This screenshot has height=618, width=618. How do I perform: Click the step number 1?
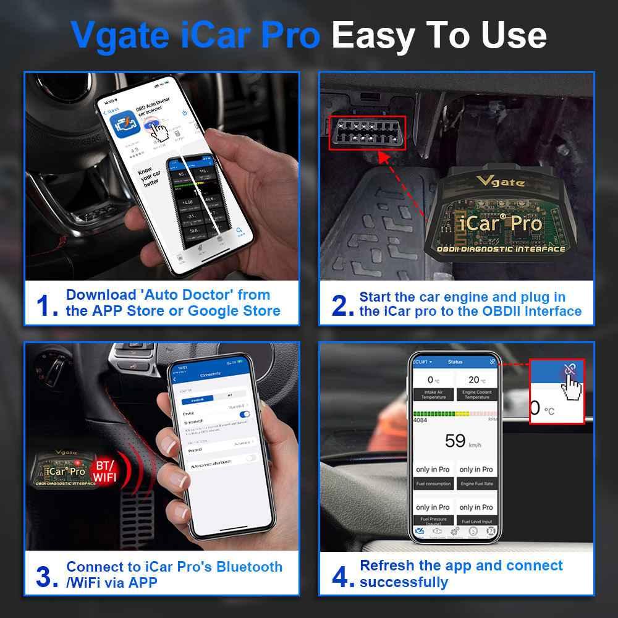[x=47, y=305]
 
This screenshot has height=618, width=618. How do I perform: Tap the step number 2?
[x=342, y=305]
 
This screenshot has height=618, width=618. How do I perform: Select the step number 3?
[x=47, y=576]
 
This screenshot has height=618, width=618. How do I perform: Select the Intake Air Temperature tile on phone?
[x=433, y=386]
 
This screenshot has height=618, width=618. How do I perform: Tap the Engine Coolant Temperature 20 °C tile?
[x=476, y=386]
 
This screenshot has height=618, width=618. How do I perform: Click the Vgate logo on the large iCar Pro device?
[x=501, y=182]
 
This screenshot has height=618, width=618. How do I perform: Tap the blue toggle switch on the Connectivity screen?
[x=245, y=414]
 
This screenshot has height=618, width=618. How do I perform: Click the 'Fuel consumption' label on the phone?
[x=433, y=483]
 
